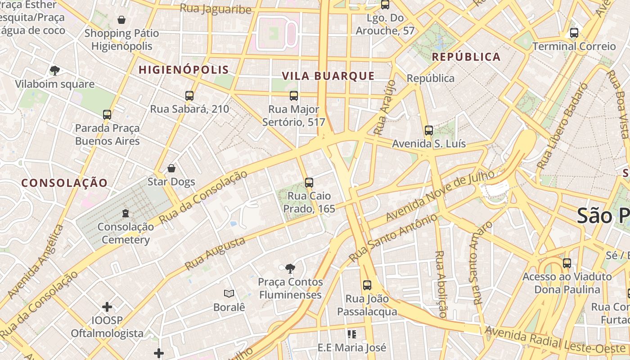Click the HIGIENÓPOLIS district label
(x=184, y=70)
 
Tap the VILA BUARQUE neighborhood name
(x=328, y=76)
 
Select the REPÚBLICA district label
(x=466, y=57)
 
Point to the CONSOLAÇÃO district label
(x=65, y=183)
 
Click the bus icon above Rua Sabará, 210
(x=189, y=95)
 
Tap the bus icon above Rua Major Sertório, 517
(x=294, y=95)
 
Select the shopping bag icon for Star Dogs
(x=171, y=169)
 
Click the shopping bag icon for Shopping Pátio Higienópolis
(x=121, y=20)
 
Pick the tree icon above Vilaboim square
(x=55, y=71)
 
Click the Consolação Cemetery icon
(x=126, y=213)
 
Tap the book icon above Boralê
(x=229, y=294)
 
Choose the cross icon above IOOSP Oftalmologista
(x=107, y=307)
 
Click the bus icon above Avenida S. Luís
(x=428, y=130)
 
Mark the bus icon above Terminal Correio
(x=574, y=33)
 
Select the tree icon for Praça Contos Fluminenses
(x=290, y=269)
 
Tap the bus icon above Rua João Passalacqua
(x=367, y=285)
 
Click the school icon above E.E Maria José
(x=352, y=334)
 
